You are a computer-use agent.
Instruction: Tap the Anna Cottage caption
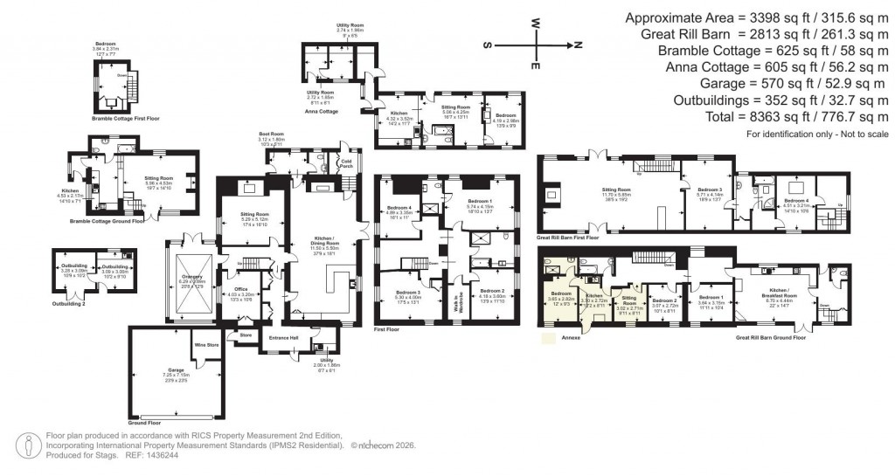pos(321,111)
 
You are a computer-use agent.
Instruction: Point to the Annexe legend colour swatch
pos(548,335)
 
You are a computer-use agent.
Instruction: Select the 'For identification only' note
pos(817,135)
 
